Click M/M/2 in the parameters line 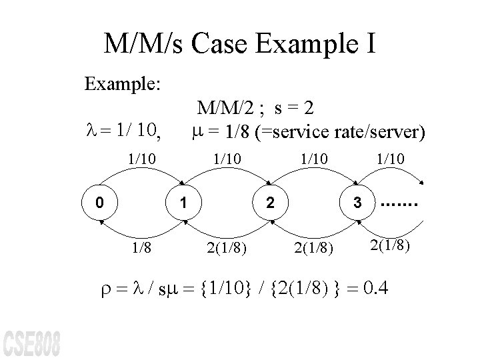[x=223, y=107]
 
